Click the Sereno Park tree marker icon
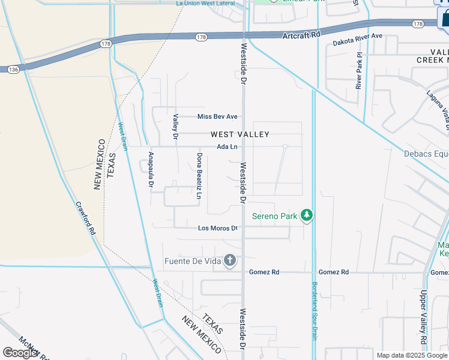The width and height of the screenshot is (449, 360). click(x=307, y=215)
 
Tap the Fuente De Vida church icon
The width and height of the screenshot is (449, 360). click(x=229, y=260)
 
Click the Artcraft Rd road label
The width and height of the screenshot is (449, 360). click(x=302, y=35)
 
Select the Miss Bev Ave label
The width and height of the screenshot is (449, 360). click(x=218, y=116)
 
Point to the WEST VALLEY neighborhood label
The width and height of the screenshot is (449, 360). click(x=240, y=134)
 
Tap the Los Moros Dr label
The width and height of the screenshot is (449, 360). click(x=218, y=228)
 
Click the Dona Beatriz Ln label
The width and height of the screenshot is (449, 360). click(x=199, y=175)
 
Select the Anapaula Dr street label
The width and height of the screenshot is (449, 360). click(x=151, y=169)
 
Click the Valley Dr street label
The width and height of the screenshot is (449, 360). click(x=176, y=127)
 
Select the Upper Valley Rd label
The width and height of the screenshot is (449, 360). click(x=423, y=319)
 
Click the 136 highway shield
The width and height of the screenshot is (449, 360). click(x=13, y=70)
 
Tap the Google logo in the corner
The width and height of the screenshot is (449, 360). click(x=20, y=353)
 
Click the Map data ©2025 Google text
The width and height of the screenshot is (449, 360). click(x=412, y=355)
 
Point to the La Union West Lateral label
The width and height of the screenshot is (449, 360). click(x=205, y=3)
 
